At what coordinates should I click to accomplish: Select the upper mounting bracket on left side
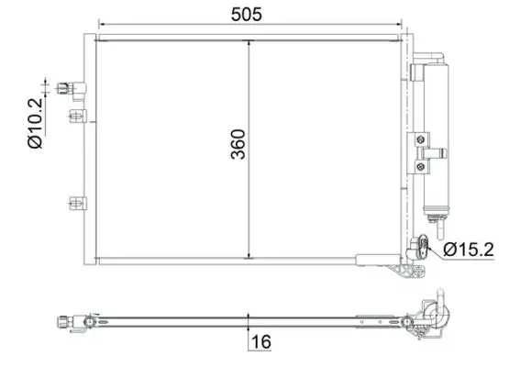(76, 116)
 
